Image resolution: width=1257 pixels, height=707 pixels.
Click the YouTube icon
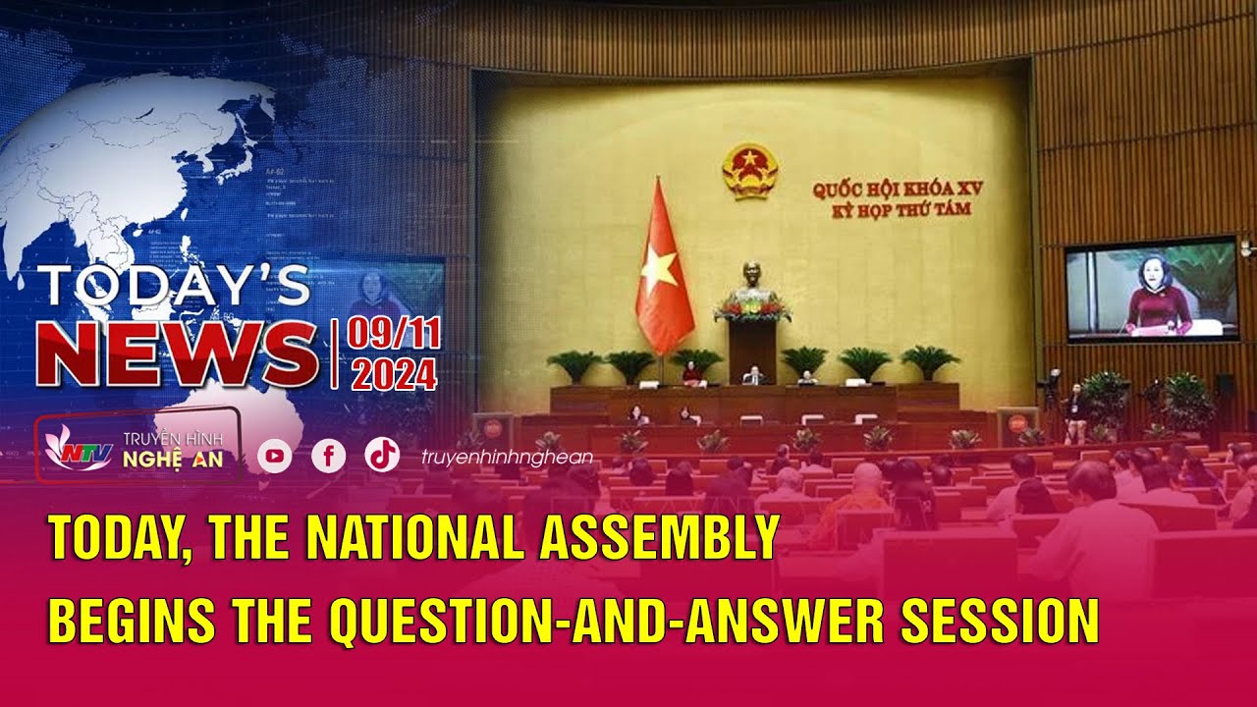pos(275,456)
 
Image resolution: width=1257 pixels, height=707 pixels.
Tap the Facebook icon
pos(328,456)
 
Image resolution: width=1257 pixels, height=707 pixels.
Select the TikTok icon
pos(382,454)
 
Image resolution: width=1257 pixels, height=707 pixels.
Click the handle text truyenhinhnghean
pos(507,457)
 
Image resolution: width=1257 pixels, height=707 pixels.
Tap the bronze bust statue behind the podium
pos(752,279)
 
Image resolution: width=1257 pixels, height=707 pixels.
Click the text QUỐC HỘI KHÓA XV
pos(897,190)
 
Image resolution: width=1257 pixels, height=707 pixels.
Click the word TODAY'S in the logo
pos(174,287)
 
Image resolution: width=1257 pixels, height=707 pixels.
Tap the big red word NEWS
pos(177,354)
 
